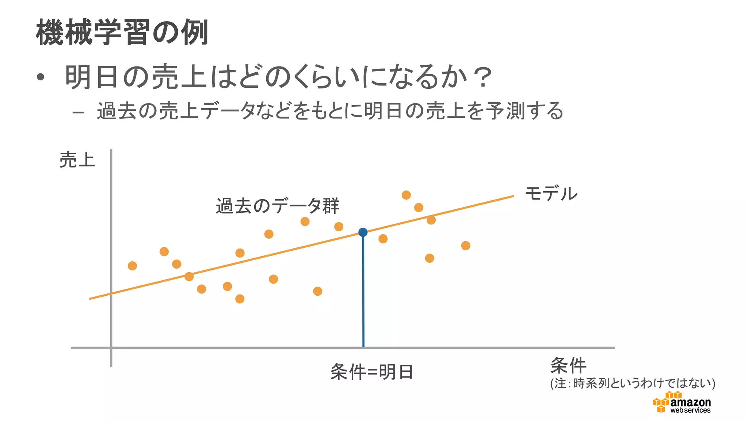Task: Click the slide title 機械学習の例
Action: (x=122, y=33)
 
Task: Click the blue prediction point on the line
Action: (x=363, y=232)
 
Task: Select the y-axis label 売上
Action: (x=77, y=160)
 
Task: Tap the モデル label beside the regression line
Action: (x=551, y=193)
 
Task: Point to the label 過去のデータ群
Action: (x=278, y=206)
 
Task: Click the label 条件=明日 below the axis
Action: (x=371, y=372)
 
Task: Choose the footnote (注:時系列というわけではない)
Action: (x=633, y=383)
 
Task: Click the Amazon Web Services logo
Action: (x=682, y=402)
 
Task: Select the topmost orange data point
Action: (x=406, y=195)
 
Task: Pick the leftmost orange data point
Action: (x=132, y=266)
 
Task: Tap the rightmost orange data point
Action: (x=465, y=246)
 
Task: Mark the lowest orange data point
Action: (x=240, y=299)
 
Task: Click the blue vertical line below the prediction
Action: (x=363, y=292)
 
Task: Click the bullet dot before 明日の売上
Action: (x=41, y=77)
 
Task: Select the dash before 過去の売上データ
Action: (x=79, y=112)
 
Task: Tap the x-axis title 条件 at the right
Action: (x=568, y=365)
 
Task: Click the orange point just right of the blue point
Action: (x=383, y=239)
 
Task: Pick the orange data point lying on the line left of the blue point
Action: (x=189, y=276)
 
